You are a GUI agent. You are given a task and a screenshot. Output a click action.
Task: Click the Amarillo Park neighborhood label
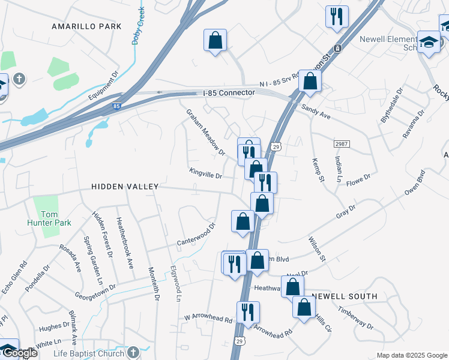[x=86, y=26]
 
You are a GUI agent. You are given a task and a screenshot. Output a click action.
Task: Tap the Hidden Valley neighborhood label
[x=125, y=187]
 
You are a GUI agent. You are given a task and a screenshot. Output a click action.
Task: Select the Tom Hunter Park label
[x=56, y=218]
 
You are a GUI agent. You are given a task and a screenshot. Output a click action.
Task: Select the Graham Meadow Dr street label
[x=205, y=132]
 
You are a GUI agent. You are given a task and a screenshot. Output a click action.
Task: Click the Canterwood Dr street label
[x=196, y=235]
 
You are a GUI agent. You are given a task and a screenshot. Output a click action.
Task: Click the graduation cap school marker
[x=429, y=42]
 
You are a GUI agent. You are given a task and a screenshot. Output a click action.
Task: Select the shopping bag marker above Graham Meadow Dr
[x=215, y=40]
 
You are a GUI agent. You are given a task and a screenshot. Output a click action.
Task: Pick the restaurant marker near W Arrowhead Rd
[x=247, y=311]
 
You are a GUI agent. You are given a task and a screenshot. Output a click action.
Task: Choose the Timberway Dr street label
[x=355, y=319]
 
